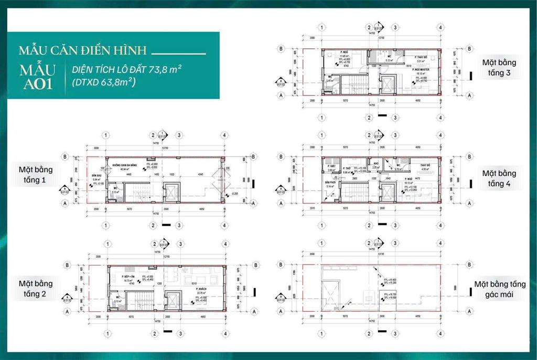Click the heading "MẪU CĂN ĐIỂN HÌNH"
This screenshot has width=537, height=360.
pyautogui.click(x=82, y=51)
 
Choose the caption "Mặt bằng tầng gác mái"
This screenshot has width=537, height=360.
pyautogui.click(x=499, y=289)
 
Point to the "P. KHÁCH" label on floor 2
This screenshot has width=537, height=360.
pyautogui.click(x=200, y=289)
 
